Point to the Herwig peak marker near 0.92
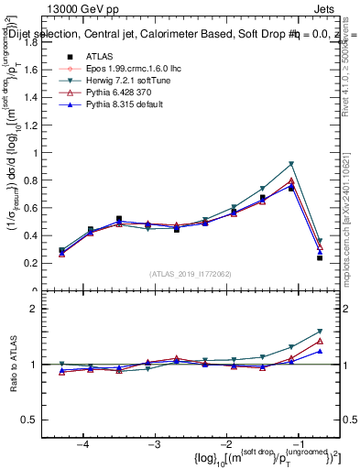[x=291, y=164]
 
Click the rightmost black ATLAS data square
[x=320, y=257]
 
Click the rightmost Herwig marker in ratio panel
[x=320, y=332]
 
